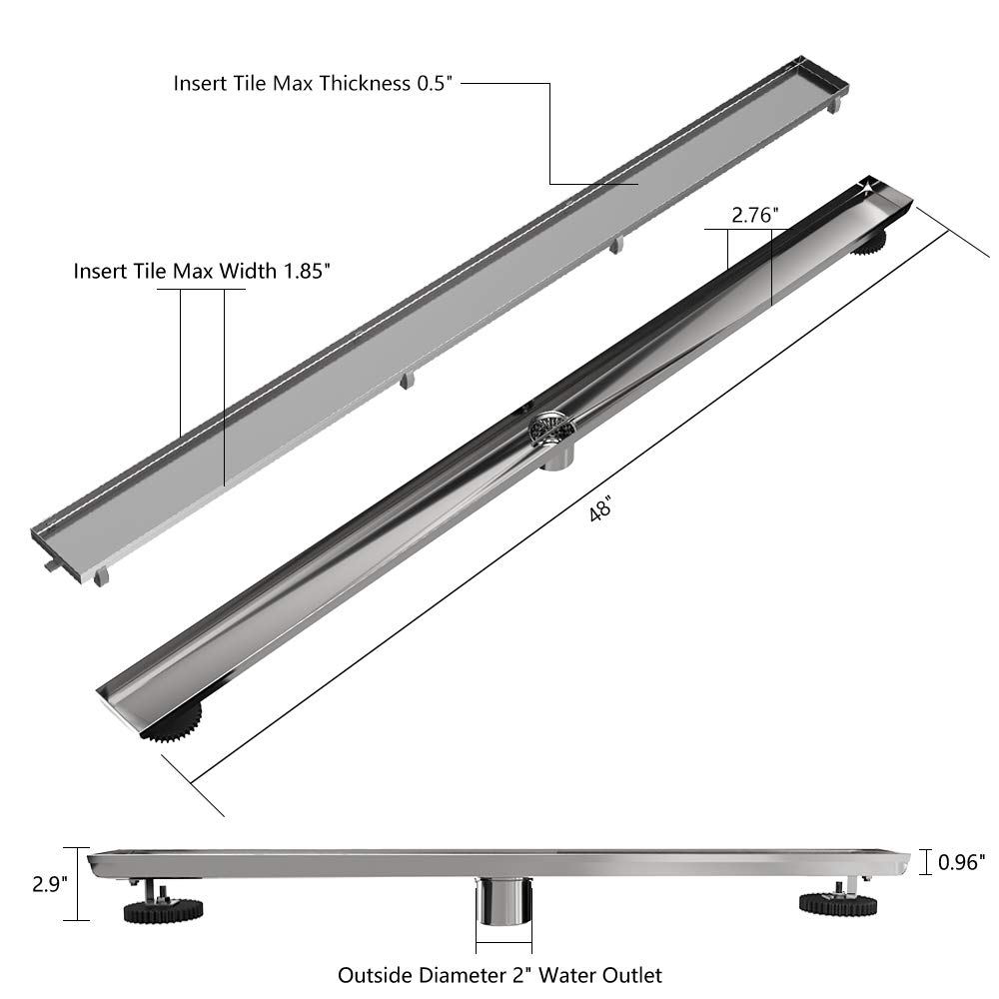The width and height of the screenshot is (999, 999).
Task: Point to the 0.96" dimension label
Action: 962,859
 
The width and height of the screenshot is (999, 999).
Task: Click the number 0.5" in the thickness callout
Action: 433,84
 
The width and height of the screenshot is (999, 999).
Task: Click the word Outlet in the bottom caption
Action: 634,974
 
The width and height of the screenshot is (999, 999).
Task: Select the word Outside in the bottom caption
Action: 371,974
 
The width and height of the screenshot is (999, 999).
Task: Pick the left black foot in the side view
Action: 163,908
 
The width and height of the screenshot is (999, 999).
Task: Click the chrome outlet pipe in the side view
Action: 502,909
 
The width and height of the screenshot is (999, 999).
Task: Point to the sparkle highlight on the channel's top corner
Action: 867,185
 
